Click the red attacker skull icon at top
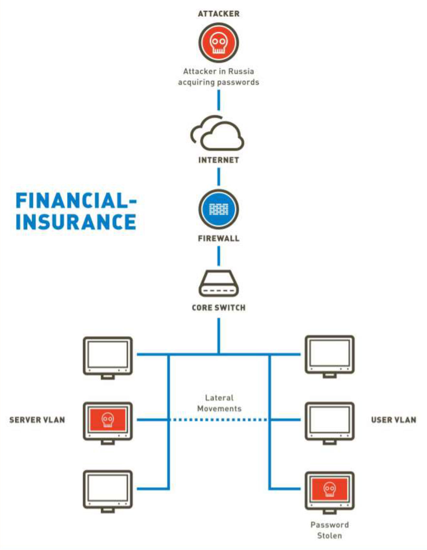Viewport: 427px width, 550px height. (x=218, y=43)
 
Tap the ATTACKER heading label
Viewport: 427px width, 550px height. (x=219, y=14)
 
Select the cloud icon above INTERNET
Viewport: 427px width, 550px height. (x=217, y=133)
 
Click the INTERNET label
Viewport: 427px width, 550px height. (x=219, y=160)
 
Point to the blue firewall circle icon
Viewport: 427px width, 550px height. (x=218, y=209)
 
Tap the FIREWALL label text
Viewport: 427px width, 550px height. (x=219, y=238)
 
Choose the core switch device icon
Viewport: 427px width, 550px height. (x=218, y=283)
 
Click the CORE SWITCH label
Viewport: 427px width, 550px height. (x=219, y=308)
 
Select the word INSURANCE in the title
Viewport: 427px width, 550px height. (x=76, y=222)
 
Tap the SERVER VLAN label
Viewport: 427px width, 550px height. (x=37, y=420)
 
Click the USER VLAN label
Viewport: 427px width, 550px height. (x=394, y=420)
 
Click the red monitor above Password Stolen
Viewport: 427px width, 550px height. (x=329, y=492)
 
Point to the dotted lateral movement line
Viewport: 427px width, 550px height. (x=219, y=420)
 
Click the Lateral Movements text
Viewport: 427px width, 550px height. (x=219, y=403)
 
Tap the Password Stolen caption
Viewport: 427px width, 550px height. (x=330, y=530)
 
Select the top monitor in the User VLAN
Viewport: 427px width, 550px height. (x=329, y=356)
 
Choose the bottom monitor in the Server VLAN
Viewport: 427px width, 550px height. (x=107, y=492)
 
